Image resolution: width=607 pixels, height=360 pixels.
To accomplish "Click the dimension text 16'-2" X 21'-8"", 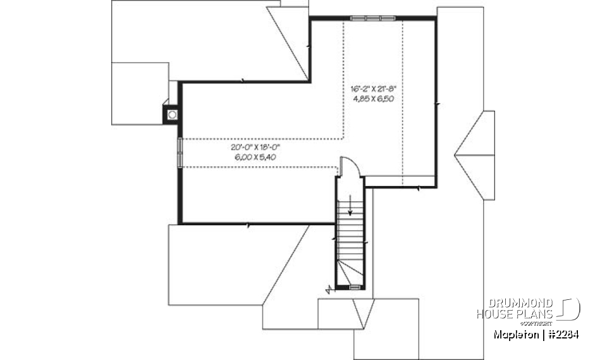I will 373,89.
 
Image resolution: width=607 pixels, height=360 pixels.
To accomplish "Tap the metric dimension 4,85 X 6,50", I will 373,99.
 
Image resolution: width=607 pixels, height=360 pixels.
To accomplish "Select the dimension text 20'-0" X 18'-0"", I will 255,147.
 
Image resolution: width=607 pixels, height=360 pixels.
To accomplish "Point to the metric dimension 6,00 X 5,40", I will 255,156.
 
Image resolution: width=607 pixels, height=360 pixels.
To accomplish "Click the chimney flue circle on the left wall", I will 172,115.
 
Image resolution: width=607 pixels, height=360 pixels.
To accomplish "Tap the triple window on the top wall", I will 373,18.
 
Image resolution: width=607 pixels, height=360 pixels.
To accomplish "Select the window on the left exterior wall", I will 180,152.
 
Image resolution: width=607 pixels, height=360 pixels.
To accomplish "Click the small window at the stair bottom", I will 355,287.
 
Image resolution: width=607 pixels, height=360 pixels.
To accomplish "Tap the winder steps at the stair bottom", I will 350,273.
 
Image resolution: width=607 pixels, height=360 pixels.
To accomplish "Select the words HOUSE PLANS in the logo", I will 515,314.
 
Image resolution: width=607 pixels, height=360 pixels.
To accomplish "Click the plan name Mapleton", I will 514,334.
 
